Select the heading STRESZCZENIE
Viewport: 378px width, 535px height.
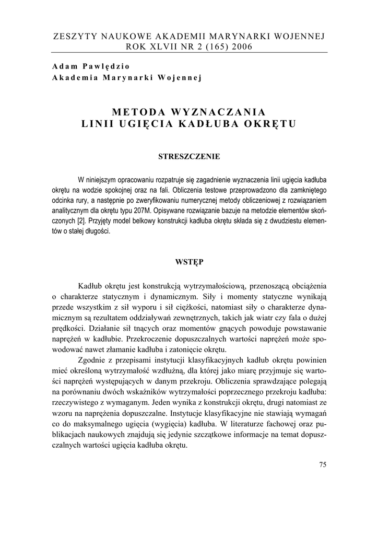[x=188, y=156]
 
